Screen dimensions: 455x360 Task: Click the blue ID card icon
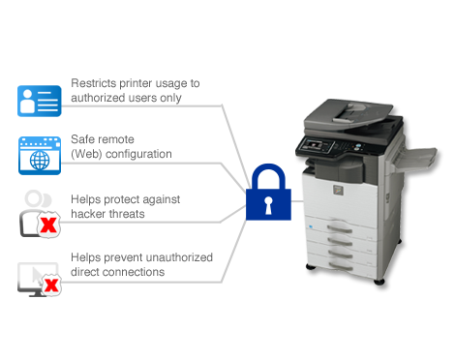[40, 101]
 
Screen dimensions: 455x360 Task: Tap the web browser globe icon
[40, 156]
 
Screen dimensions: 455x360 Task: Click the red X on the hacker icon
[48, 225]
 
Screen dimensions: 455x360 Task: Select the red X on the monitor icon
[51, 285]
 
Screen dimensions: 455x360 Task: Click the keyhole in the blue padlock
[268, 205]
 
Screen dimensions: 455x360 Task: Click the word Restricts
[94, 83]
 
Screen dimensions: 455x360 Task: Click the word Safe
[82, 139]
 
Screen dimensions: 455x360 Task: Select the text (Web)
[86, 154]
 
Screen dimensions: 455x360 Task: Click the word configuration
[138, 154]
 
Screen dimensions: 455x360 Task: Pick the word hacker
[88, 214]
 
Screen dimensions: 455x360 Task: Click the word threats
[126, 214]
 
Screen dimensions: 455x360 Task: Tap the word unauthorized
[177, 257]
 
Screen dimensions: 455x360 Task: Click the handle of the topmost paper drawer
[340, 228]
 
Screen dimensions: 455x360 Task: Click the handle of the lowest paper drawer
[341, 266]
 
